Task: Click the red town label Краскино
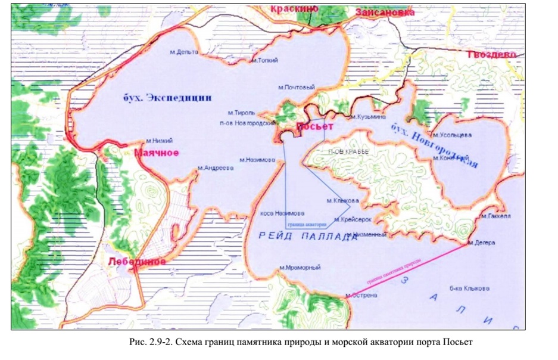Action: tap(294, 8)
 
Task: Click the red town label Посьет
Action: tap(313, 127)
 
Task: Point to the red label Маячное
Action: tap(156, 153)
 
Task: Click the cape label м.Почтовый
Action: tap(296, 87)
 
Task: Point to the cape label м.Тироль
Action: tap(241, 112)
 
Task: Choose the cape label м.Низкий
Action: tap(159, 141)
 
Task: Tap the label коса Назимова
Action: tap(283, 213)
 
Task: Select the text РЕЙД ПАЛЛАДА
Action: tap(308, 237)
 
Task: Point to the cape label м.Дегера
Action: tap(481, 243)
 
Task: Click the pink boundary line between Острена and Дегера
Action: tap(405, 269)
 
